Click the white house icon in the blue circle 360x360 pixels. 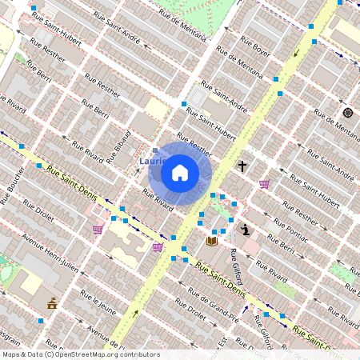point(180,173)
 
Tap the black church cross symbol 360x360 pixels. point(242,166)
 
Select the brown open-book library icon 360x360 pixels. point(212,240)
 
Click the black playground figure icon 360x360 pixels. point(246,230)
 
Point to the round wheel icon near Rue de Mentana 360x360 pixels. point(347,112)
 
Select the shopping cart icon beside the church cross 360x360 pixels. point(264,184)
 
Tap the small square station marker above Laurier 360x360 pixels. point(155,150)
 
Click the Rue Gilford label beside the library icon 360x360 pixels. point(235,266)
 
